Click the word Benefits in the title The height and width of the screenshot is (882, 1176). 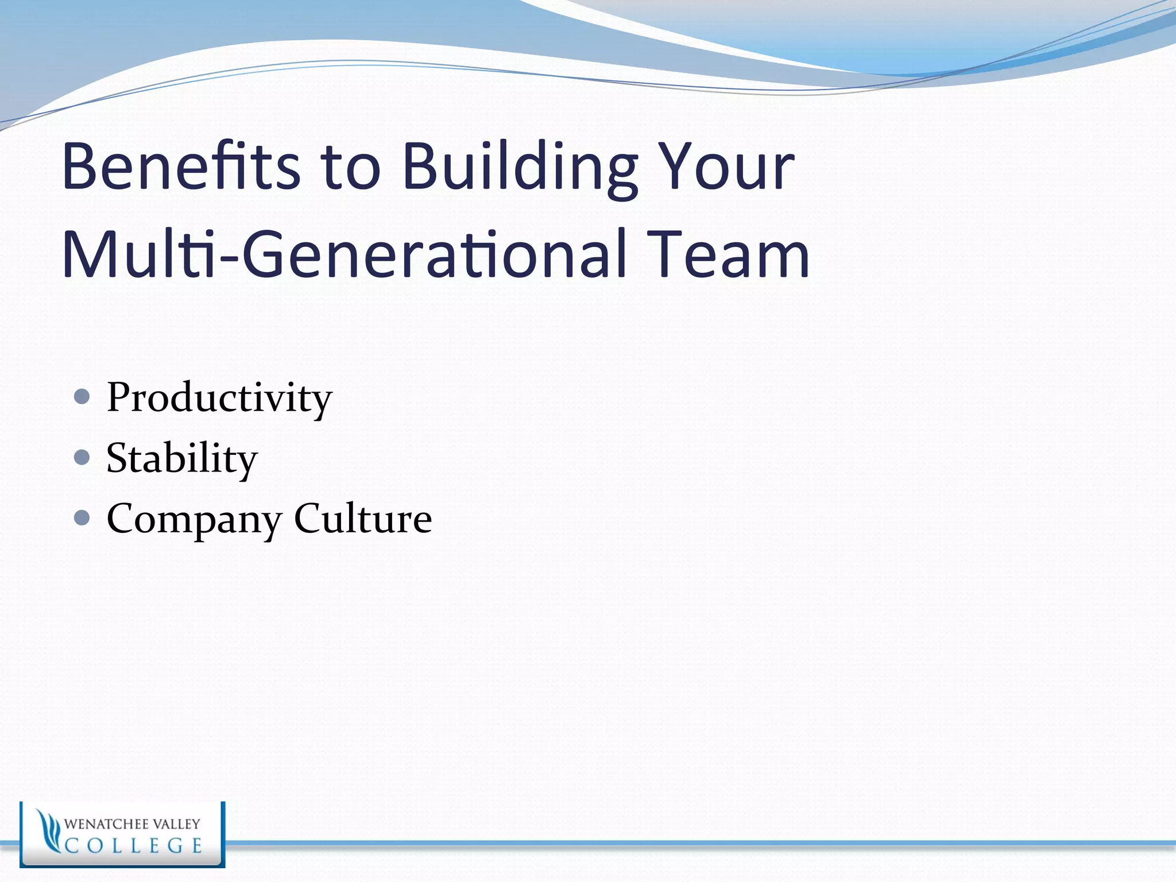click(181, 167)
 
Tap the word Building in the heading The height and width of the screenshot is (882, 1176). click(520, 168)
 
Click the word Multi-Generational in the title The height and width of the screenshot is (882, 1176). click(345, 254)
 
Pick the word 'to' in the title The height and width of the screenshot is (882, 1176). click(350, 168)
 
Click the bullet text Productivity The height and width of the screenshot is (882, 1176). click(219, 397)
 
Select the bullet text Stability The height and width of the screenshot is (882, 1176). click(182, 458)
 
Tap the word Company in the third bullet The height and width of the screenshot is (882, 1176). click(194, 519)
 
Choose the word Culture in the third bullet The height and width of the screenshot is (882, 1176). click(363, 518)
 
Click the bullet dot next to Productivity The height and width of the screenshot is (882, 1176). click(82, 396)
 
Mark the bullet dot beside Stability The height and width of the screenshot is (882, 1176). click(82, 457)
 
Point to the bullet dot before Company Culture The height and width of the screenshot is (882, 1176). click(82, 518)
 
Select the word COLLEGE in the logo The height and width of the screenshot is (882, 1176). click(133, 846)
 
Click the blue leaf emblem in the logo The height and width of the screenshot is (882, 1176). click(48, 832)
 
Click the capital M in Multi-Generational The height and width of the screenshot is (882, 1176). click(86, 254)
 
